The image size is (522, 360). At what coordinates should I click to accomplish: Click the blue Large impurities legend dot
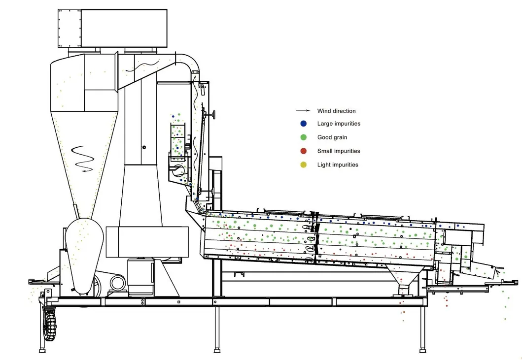pyautogui.click(x=303, y=124)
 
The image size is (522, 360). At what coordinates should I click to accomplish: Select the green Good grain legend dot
pyautogui.click(x=303, y=137)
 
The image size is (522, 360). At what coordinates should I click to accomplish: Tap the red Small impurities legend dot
pyautogui.click(x=303, y=151)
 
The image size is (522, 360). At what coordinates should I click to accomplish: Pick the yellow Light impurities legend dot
pyautogui.click(x=303, y=164)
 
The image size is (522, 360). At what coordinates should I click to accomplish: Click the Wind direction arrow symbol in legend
pyautogui.click(x=303, y=110)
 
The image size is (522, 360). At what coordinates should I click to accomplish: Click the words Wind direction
pyautogui.click(x=336, y=111)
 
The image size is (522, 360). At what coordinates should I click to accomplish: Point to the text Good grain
pyautogui.click(x=332, y=137)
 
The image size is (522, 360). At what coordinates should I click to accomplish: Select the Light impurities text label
pyautogui.click(x=338, y=164)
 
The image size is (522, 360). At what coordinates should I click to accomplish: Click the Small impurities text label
pyautogui.click(x=339, y=151)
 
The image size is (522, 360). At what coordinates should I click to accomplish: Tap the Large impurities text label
pyautogui.click(x=339, y=124)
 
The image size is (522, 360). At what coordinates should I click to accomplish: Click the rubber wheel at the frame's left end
pyautogui.click(x=49, y=325)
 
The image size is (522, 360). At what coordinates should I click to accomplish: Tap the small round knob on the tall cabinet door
pyautogui.click(x=144, y=147)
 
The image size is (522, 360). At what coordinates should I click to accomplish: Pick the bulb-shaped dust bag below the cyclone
pyautogui.click(x=84, y=256)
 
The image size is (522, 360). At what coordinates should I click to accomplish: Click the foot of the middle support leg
pyautogui.click(x=217, y=350)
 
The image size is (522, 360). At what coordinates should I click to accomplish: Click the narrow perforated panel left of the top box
pyautogui.click(x=70, y=28)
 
